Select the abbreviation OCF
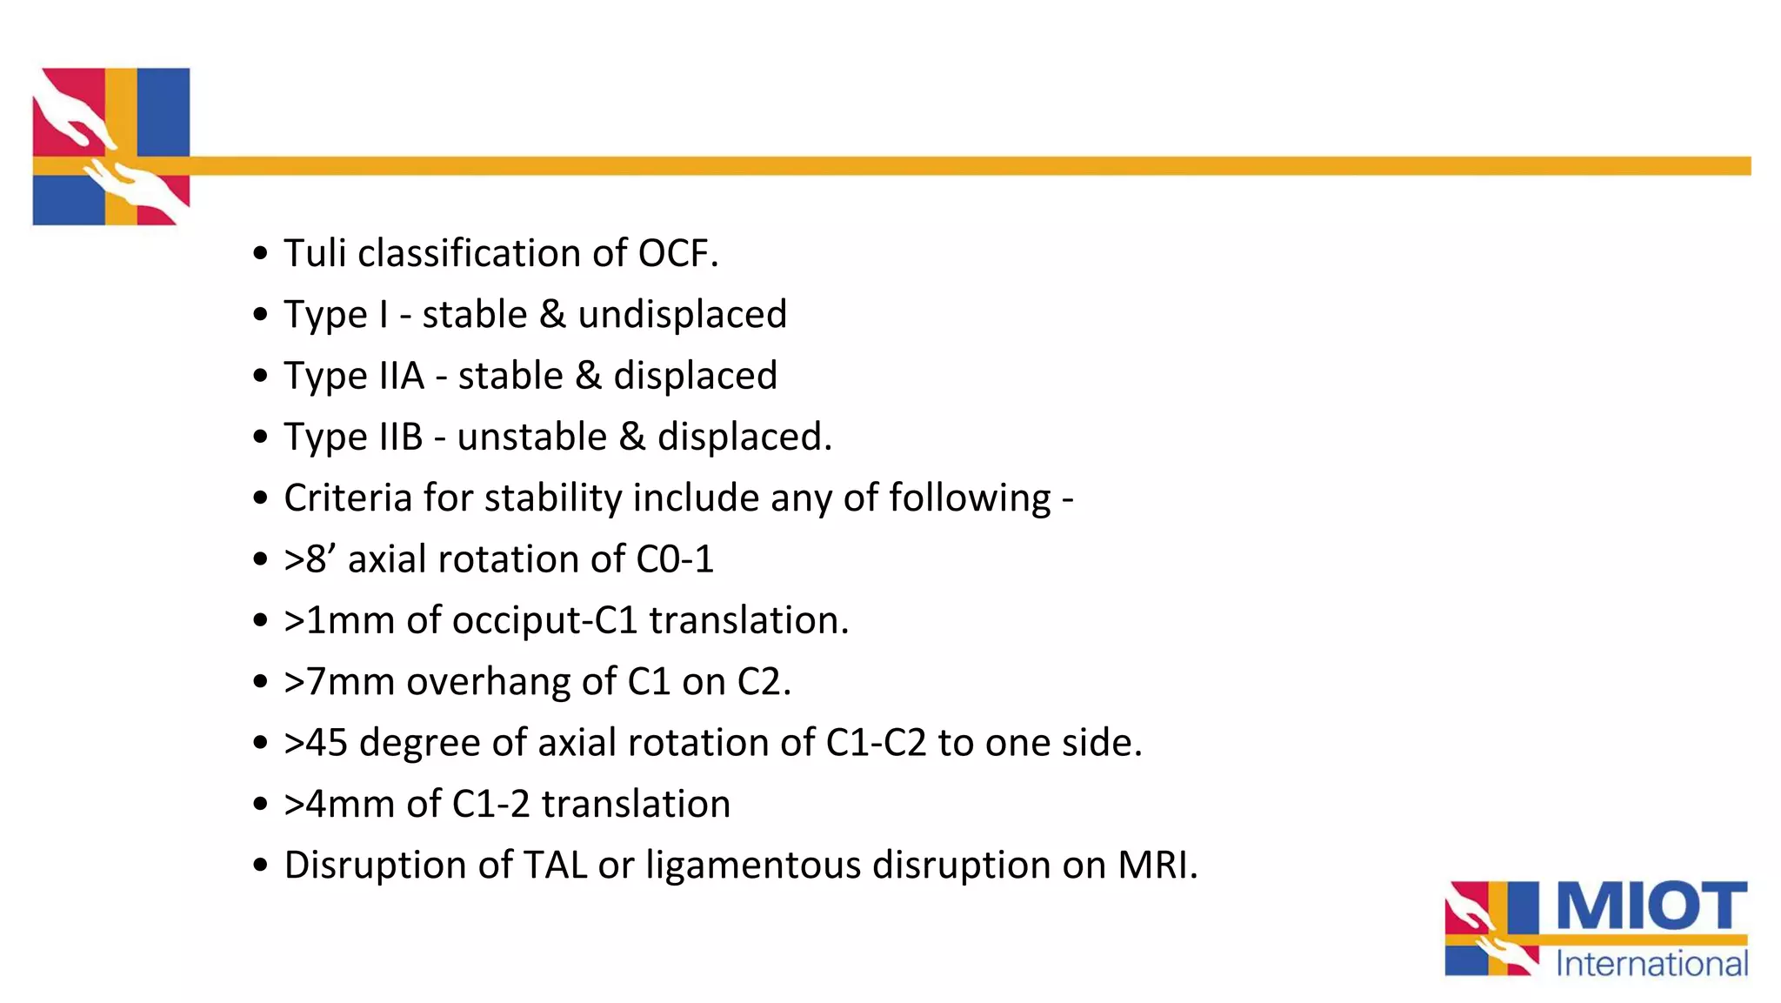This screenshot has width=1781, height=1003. point(677,253)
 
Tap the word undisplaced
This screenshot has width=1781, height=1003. point(682,314)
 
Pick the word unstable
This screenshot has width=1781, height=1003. point(531,437)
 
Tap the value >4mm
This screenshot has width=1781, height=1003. point(339,804)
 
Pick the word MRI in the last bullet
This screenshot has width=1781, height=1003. point(1157,865)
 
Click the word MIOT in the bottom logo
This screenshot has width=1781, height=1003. point(1651,906)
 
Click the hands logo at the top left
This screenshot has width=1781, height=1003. point(111,146)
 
